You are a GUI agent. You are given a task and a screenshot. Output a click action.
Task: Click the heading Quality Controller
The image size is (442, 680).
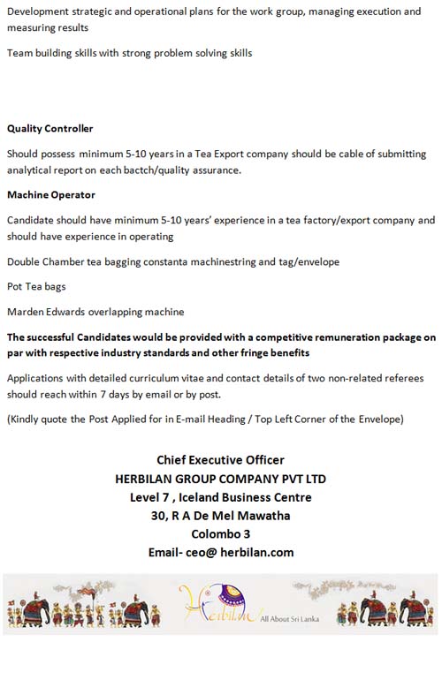[x=50, y=129]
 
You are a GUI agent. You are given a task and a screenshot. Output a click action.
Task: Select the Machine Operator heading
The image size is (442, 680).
[x=51, y=194]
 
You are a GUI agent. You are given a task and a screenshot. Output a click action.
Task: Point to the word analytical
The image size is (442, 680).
[x=31, y=170]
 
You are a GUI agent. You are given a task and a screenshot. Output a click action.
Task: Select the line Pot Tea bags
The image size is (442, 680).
[x=36, y=286]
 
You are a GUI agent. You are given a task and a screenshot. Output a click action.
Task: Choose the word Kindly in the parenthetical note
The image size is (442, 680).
[x=27, y=419]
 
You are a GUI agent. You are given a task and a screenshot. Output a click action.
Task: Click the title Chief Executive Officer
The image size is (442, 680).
[x=220, y=460]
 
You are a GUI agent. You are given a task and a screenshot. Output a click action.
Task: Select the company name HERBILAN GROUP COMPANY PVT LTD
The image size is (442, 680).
[x=220, y=479]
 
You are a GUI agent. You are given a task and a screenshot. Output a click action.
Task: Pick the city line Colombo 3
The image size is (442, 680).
[x=220, y=533]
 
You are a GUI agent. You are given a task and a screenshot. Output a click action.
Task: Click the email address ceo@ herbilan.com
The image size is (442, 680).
[x=220, y=553]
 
